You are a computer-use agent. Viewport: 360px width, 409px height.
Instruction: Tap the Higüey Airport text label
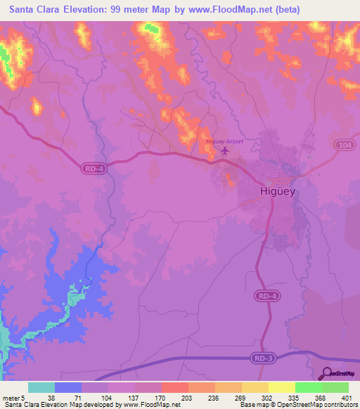[224, 141]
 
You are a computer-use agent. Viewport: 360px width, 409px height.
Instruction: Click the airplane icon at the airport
[225, 150]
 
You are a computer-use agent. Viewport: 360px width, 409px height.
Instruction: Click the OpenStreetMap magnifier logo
[327, 374]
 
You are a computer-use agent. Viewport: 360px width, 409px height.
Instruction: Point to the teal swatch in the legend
[41, 387]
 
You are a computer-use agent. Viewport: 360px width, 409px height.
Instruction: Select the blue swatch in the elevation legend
[67, 387]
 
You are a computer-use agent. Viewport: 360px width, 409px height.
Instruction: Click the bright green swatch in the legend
[308, 387]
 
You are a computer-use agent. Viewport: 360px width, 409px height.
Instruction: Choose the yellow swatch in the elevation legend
[281, 387]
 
